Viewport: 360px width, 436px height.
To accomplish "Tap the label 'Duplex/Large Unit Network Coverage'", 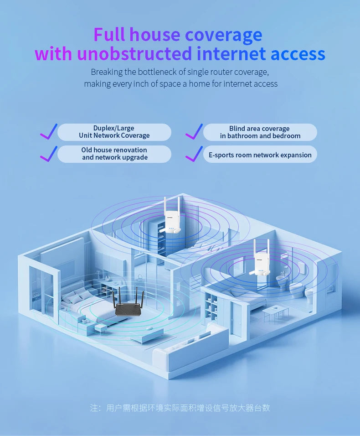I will pyautogui.click(x=114, y=132).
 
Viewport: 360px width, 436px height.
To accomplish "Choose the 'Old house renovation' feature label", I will pyautogui.click(x=114, y=154).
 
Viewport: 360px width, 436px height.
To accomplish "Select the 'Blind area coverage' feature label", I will pyautogui.click(x=260, y=132).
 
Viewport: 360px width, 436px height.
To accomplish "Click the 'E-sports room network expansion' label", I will pyautogui.click(x=260, y=155).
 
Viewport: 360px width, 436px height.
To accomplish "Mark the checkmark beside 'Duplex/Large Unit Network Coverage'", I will pyautogui.click(x=48, y=131).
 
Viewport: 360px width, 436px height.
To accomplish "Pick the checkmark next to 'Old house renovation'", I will pyautogui.click(x=48, y=154).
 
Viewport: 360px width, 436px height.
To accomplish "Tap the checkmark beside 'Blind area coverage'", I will pyautogui.click(x=194, y=131).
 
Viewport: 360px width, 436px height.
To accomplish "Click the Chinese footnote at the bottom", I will pyautogui.click(x=180, y=408).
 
